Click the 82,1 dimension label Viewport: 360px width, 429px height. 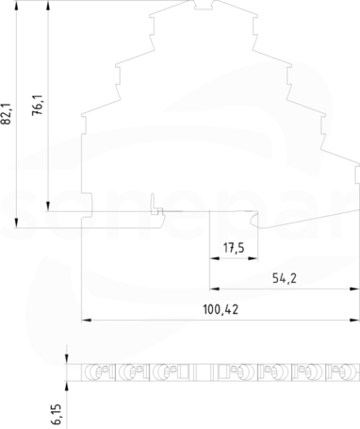coord(7,113)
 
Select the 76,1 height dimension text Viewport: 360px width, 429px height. coord(39,105)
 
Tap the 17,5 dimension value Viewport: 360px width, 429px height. coord(234,248)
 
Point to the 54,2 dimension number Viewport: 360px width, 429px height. coord(285,278)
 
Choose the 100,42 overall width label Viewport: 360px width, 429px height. coord(221,309)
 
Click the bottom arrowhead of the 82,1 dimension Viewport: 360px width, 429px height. coord(16,223)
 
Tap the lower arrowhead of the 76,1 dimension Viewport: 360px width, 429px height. coord(48,206)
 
